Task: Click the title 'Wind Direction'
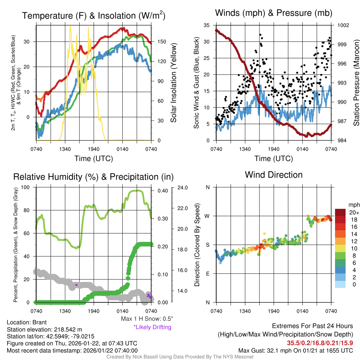[274, 175]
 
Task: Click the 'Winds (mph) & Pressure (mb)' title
[274, 13]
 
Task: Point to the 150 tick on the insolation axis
[159, 41]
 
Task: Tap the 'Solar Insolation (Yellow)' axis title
[173, 83]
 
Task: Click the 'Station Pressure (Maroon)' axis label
[356, 83]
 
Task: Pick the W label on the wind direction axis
[208, 216]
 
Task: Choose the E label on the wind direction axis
[208, 274]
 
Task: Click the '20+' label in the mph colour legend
[353, 212]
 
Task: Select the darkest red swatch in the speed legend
[340, 212]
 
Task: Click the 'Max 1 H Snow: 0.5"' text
[147, 319]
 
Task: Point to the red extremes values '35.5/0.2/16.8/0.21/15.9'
[320, 342]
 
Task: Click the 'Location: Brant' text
[27, 322]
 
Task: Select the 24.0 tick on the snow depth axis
[182, 187]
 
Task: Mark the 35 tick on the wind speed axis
[206, 25]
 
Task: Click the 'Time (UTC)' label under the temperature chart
[94, 159]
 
